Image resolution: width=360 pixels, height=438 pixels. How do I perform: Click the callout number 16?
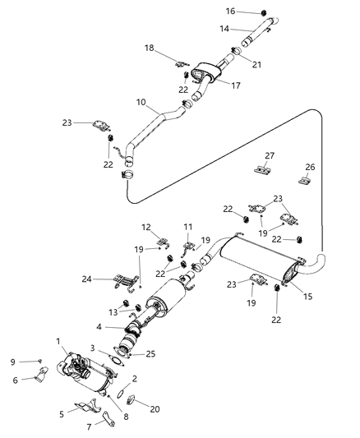[x=231, y=12]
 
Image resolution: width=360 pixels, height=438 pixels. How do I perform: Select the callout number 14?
[x=224, y=29]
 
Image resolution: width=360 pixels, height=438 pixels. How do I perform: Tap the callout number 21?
[x=256, y=63]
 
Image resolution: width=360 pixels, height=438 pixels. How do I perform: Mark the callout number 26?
[x=310, y=165]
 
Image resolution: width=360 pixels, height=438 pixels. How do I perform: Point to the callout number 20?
[x=154, y=408]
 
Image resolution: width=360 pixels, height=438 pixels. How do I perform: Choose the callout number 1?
[x=58, y=339]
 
